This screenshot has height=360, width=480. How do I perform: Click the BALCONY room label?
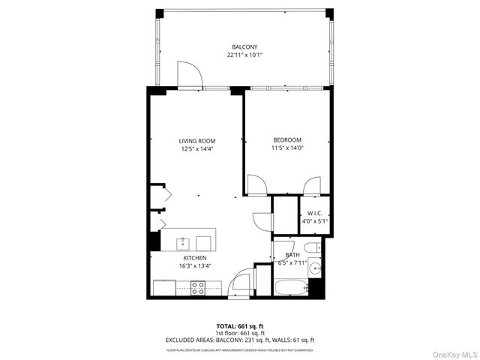coord(245,46)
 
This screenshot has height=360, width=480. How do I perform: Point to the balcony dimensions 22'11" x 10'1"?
coord(245,55)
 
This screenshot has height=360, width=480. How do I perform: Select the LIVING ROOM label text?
coord(197,140)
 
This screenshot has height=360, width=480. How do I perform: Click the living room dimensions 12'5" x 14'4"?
coord(197,148)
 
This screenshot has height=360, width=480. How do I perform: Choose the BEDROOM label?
coord(287,140)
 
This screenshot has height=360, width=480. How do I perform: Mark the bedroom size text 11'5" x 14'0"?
coord(287,148)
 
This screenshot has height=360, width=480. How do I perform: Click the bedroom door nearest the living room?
coord(256,184)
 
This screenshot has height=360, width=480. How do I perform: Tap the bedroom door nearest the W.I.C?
coord(311,185)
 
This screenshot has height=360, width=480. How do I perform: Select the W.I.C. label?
coord(314,214)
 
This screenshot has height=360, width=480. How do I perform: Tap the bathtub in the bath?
coord(291,286)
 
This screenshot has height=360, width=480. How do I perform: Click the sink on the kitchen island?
coord(183,242)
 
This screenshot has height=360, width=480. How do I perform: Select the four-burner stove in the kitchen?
coord(199,286)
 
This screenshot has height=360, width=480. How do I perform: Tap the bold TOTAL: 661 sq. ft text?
coord(239,326)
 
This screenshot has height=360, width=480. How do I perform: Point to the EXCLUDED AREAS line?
coord(239,340)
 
